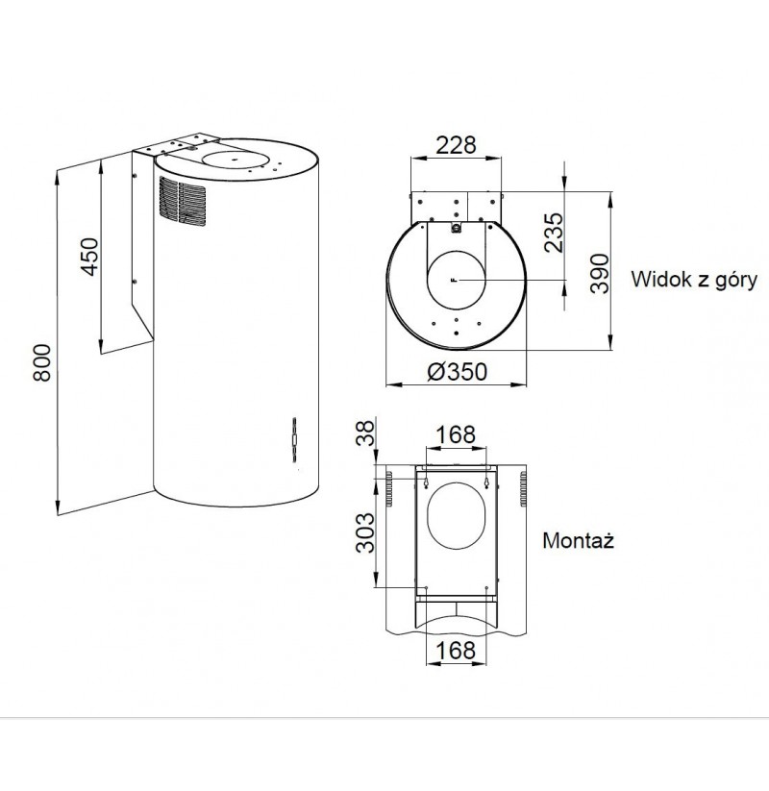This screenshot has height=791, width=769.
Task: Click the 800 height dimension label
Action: (x=42, y=362)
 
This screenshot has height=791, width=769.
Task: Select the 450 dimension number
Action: (x=89, y=257)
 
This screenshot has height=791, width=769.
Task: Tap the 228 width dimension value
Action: (x=456, y=145)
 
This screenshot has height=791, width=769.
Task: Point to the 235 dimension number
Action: (x=554, y=232)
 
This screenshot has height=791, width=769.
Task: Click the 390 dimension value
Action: (x=601, y=273)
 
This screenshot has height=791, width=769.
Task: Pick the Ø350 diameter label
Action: (x=458, y=372)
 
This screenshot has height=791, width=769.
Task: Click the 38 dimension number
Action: (x=367, y=433)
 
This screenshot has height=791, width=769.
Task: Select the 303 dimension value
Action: (x=366, y=533)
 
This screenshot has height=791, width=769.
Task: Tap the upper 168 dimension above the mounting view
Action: (x=456, y=434)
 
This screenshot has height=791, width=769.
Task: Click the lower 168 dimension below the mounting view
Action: (x=456, y=651)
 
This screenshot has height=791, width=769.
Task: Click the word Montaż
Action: (x=579, y=540)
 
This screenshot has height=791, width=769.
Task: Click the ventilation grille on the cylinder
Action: (x=183, y=201)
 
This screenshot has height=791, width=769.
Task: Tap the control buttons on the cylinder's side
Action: (x=294, y=439)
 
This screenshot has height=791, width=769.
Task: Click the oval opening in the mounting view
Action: (x=457, y=515)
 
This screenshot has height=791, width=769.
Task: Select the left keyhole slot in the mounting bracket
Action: (x=427, y=483)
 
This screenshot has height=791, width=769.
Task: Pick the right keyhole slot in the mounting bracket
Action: (x=486, y=483)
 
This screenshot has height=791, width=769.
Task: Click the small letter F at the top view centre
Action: (x=455, y=280)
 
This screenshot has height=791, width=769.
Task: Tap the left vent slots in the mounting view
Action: (x=389, y=489)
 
